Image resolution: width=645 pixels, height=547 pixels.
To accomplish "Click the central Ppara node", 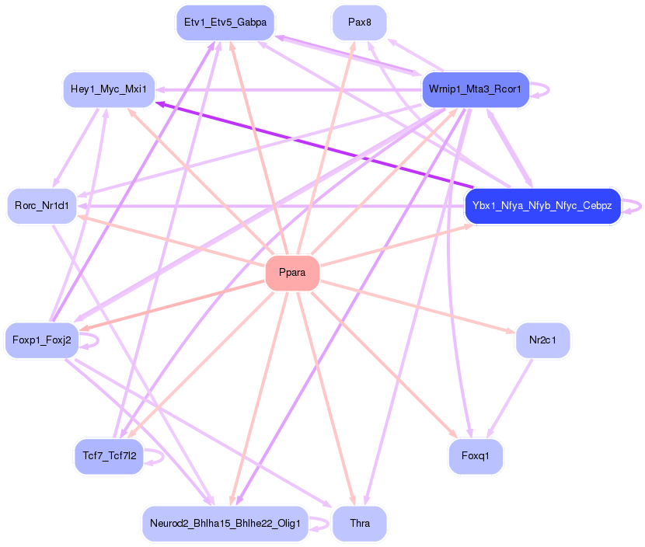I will [292, 273].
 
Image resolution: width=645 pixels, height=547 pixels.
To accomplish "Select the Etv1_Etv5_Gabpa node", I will [225, 23].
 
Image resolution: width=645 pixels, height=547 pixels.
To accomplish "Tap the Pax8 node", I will [359, 23].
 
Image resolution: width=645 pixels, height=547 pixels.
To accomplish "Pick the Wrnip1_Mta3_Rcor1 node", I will [475, 90].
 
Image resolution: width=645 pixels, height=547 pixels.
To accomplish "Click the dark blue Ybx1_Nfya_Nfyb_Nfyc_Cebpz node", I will [542, 206].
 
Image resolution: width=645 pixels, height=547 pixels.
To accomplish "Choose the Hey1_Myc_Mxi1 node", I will [108, 89].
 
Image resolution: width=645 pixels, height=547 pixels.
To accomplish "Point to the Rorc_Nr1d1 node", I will [42, 206].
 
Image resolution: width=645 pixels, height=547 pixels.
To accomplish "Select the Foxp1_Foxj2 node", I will [42, 340].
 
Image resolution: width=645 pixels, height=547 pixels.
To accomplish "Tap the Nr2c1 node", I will [542, 340].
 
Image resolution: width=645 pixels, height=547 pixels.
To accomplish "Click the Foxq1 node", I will [476, 456].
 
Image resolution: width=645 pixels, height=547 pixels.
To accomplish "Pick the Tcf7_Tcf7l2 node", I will [109, 456].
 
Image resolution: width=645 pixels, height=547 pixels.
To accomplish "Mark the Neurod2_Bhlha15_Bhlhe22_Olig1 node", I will [225, 524].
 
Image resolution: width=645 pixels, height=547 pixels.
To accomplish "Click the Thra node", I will [359, 524].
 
